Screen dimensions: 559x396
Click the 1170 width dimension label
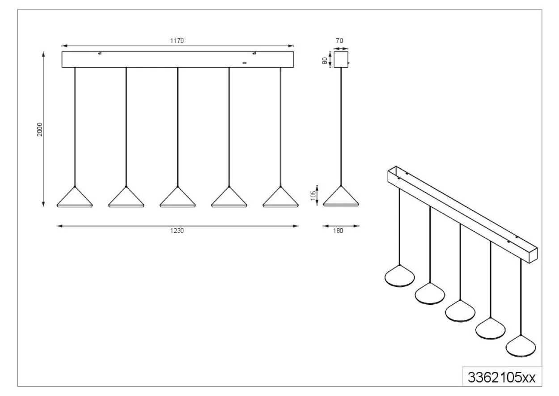pyautogui.click(x=177, y=41)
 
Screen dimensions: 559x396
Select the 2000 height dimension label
pyautogui.click(x=40, y=129)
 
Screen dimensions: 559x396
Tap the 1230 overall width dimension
pyautogui.click(x=177, y=231)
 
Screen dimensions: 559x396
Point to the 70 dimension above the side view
pyautogui.click(x=339, y=41)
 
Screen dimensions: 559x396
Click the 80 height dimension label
pyautogui.click(x=325, y=61)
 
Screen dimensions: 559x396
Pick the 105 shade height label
pyautogui.click(x=313, y=196)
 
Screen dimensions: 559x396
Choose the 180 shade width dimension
pyautogui.click(x=338, y=231)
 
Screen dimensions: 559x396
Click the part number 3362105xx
pyautogui.click(x=502, y=377)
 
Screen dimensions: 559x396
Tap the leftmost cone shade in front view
pyautogui.click(x=75, y=197)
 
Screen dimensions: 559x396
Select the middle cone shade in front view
pyautogui.click(x=178, y=197)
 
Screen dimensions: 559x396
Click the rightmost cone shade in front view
pyautogui.click(x=280, y=197)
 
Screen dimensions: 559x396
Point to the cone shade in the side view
pyautogui.click(x=341, y=196)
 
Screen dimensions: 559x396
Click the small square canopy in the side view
pyautogui.click(x=341, y=60)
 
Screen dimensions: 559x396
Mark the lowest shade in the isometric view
pyautogui.click(x=521, y=346)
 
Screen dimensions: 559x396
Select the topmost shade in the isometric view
pyautogui.click(x=399, y=276)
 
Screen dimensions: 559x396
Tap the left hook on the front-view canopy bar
pyautogui.click(x=100, y=53)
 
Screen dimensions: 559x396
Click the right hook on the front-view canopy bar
pyautogui.click(x=254, y=53)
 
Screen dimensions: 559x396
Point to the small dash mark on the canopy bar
pyautogui.click(x=245, y=63)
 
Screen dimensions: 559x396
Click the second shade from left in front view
pyautogui.click(x=126, y=197)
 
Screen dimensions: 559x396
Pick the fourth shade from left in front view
pyautogui.click(x=229, y=197)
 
